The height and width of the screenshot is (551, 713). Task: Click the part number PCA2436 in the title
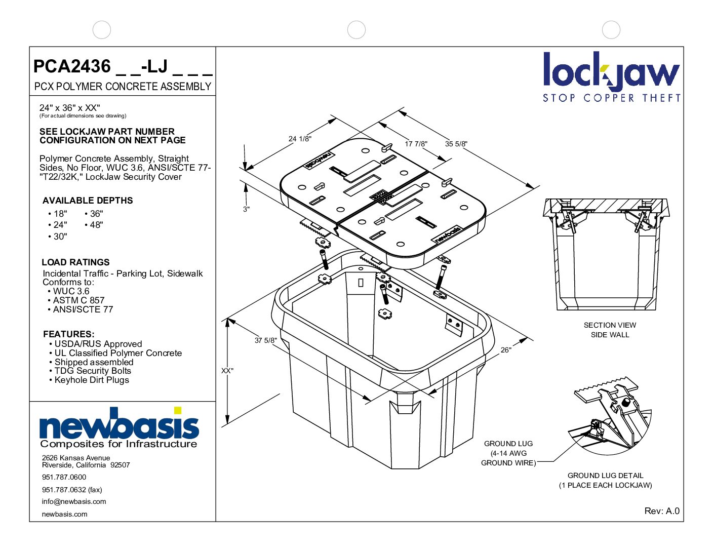coord(72,66)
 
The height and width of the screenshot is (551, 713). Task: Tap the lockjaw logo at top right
coord(611,76)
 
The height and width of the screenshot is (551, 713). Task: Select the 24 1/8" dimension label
coord(300,139)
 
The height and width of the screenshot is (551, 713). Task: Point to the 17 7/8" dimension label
coord(416,144)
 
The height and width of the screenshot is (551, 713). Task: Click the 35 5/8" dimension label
coord(456,144)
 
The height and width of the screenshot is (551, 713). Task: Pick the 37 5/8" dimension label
coord(265,340)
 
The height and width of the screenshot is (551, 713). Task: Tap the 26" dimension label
coord(505,350)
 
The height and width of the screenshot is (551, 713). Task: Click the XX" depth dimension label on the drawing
coord(227,371)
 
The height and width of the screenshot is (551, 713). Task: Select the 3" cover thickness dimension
coord(246,209)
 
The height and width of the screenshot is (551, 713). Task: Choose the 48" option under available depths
coord(94,225)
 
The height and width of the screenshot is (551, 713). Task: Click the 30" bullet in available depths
coord(58,237)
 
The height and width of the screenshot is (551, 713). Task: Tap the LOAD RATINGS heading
coord(75,262)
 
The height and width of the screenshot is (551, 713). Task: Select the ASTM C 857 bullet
coord(78,300)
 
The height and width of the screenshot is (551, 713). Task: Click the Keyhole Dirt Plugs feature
coord(91,380)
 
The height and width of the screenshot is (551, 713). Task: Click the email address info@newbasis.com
coord(74,501)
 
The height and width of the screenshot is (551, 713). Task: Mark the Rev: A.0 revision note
coord(661,511)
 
